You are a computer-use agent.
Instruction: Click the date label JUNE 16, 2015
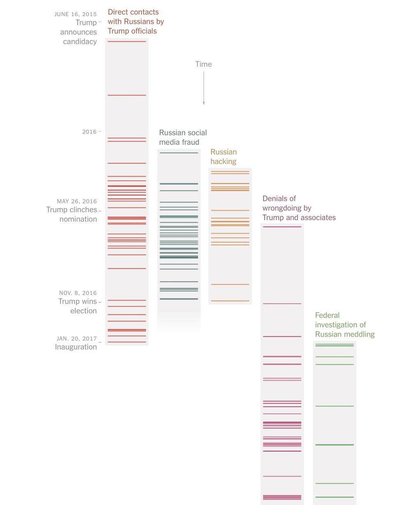(76, 14)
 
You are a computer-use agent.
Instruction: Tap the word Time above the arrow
(204, 64)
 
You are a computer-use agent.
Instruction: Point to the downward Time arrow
(204, 88)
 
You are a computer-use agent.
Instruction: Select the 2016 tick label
(89, 132)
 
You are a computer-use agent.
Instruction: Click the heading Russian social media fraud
(183, 138)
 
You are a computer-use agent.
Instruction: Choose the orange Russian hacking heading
(224, 157)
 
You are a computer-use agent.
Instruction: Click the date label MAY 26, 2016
(77, 201)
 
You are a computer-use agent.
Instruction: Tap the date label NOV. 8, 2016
(78, 293)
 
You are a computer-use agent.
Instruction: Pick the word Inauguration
(76, 347)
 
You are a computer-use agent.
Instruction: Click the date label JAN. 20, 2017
(77, 339)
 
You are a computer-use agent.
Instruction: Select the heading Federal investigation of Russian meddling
(345, 325)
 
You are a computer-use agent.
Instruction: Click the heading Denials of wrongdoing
(299, 208)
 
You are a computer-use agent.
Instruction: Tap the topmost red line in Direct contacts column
(127, 42)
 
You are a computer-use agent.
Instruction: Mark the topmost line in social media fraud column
(179, 153)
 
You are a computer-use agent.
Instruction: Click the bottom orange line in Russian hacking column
(230, 301)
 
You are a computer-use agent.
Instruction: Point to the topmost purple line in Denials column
(282, 227)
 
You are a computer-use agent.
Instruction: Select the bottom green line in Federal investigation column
(334, 497)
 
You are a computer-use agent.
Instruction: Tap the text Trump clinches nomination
(72, 214)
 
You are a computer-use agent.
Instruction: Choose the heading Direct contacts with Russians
(136, 21)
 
